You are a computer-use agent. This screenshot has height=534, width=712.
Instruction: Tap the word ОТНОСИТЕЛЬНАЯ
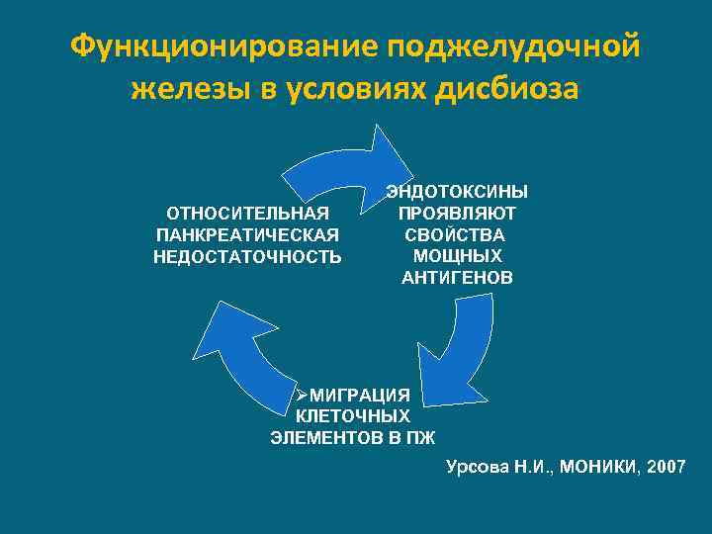(x=248, y=213)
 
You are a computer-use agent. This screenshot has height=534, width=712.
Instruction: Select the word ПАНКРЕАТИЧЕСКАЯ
(x=248, y=234)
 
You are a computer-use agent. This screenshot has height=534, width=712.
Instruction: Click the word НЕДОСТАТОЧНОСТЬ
(x=248, y=256)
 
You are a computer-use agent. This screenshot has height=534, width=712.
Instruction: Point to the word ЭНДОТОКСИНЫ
(x=457, y=191)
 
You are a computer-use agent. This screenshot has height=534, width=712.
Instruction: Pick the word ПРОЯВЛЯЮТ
(x=457, y=213)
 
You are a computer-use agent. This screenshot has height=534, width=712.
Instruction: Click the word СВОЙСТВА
(x=457, y=234)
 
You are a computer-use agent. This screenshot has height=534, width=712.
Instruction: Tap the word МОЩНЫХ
(x=457, y=256)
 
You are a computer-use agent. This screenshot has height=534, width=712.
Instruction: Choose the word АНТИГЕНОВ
(x=457, y=278)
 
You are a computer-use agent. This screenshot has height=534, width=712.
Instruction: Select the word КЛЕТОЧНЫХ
(x=353, y=416)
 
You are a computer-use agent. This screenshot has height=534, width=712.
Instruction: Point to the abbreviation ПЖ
(x=422, y=437)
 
